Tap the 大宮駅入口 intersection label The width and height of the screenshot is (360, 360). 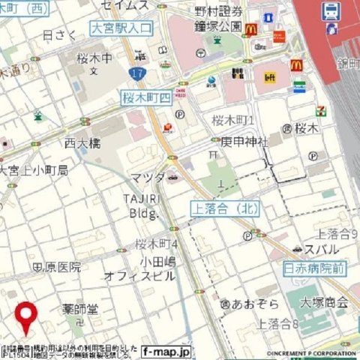tap(121, 28)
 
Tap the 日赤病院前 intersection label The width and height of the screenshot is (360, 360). tap(315, 267)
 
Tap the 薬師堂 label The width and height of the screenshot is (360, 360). tap(80, 308)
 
